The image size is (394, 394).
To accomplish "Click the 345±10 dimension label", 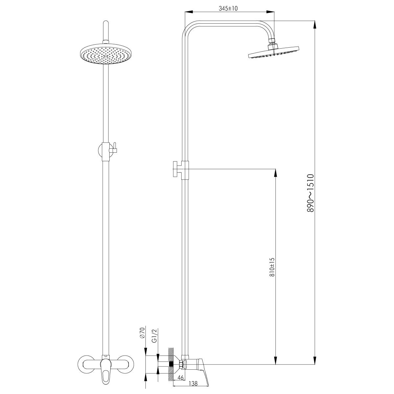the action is point(228,9).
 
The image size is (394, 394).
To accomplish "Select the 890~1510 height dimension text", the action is point(310,193).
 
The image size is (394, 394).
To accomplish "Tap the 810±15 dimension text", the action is point(272,267).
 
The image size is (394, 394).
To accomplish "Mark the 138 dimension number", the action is point(193,383).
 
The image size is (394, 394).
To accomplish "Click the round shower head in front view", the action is point(105,55).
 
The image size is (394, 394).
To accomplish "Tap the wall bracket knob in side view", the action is point(176,169).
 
